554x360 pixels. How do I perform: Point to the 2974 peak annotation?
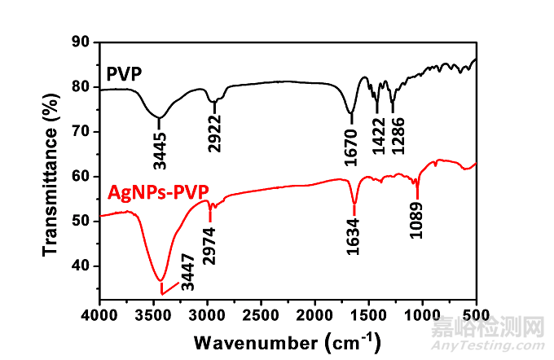[x=211, y=243]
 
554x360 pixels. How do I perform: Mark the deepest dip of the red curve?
[x=161, y=280]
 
